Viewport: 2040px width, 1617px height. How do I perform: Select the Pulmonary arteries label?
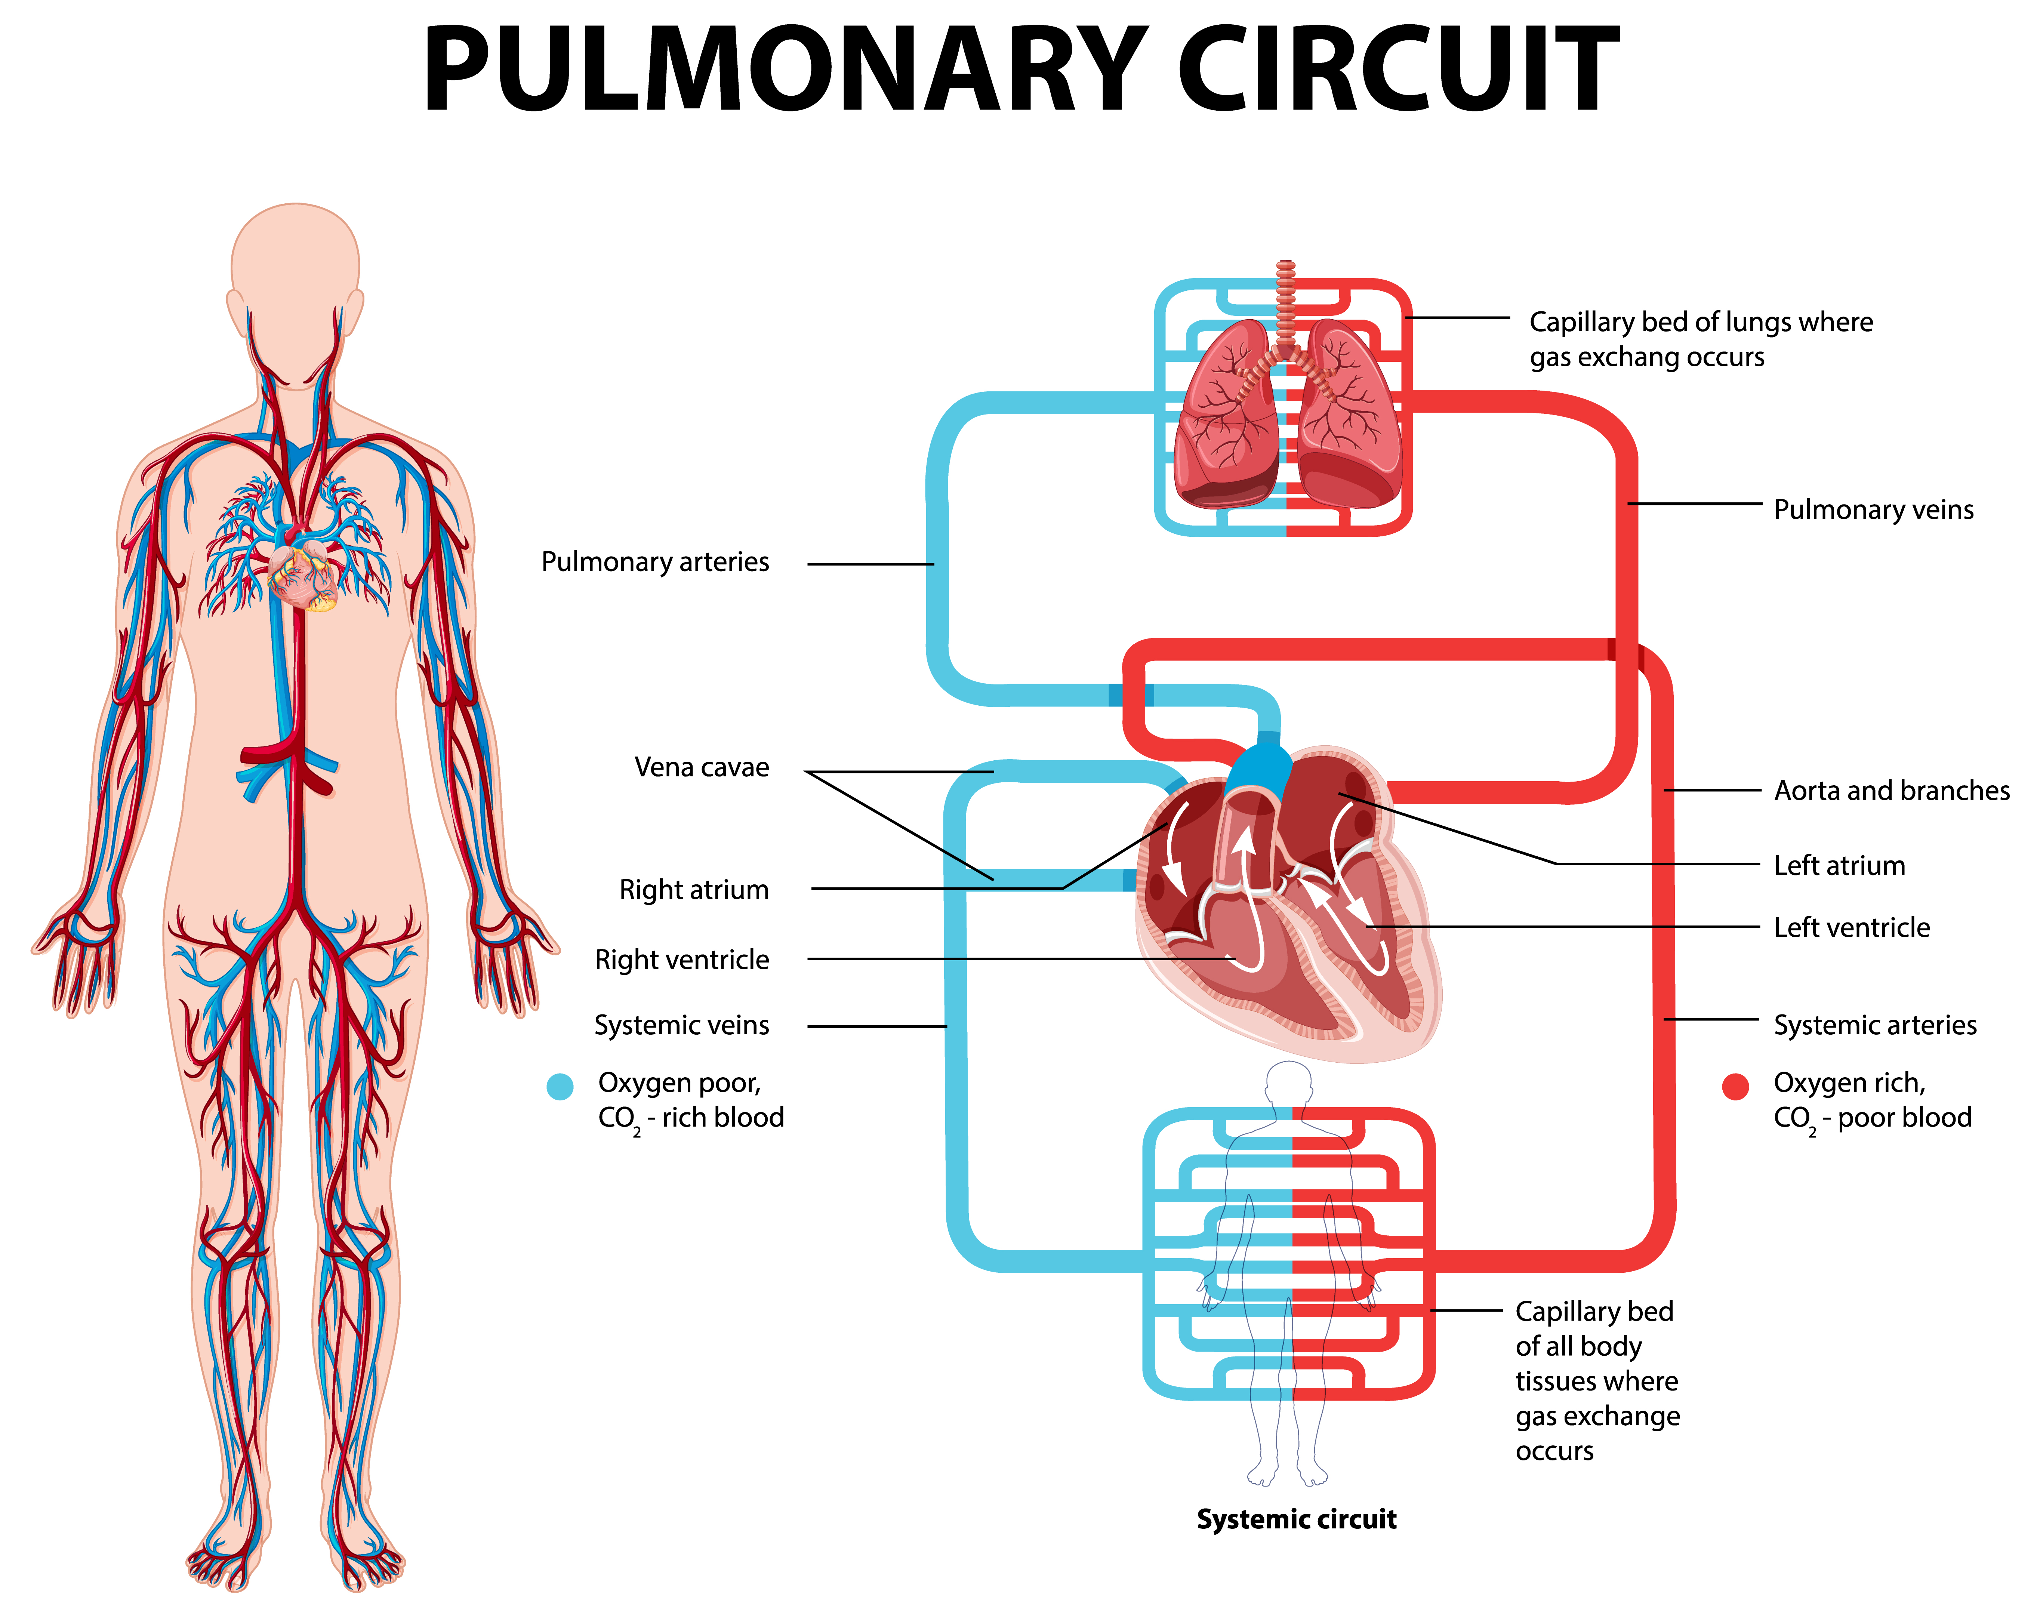[655, 562]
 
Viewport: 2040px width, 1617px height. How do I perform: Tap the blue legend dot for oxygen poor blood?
[560, 1086]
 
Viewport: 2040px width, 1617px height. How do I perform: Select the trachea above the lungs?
[1285, 303]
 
